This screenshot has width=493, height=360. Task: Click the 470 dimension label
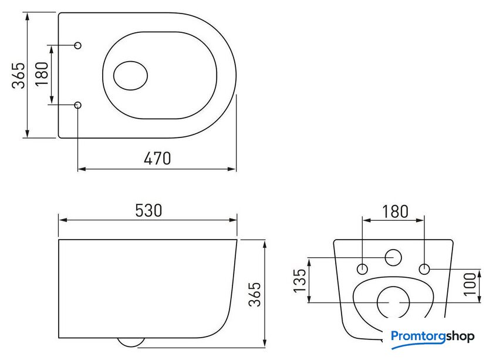[157, 159]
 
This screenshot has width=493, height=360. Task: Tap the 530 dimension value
[148, 210]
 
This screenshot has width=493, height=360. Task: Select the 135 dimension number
[300, 280]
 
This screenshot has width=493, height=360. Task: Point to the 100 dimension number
[470, 284]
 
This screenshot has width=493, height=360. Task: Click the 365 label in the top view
[18, 76]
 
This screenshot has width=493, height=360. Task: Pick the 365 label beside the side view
[255, 294]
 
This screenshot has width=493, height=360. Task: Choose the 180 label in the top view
[42, 73]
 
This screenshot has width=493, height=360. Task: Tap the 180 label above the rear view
[395, 211]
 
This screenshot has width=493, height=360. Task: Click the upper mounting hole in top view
[78, 45]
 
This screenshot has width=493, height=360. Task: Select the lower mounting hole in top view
[78, 105]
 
